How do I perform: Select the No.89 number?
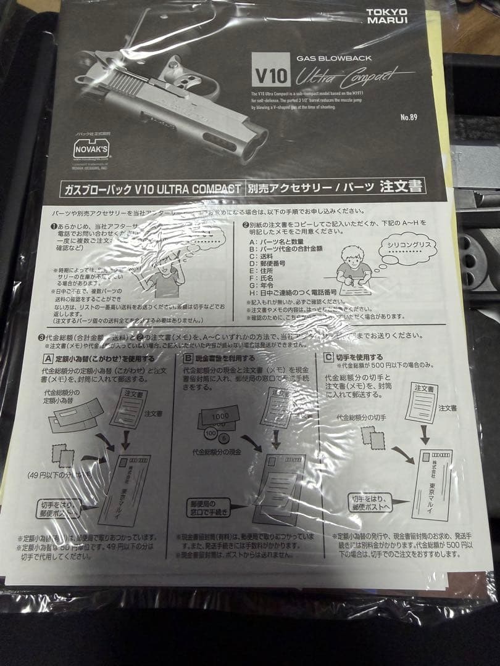click(x=409, y=117)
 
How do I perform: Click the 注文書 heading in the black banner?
click(x=401, y=186)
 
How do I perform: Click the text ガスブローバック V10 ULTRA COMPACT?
click(x=152, y=189)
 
